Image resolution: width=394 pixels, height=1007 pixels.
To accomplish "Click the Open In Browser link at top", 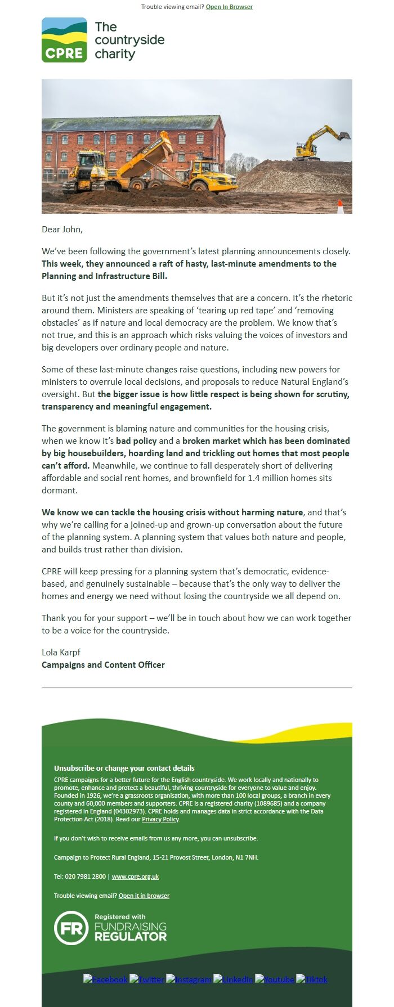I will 229,7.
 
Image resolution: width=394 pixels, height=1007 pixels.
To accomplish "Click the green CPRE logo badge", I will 64,40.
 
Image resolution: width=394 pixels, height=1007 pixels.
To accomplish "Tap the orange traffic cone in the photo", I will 340,206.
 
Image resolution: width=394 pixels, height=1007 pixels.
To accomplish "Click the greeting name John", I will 72,229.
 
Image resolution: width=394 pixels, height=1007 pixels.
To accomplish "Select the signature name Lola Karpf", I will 61,652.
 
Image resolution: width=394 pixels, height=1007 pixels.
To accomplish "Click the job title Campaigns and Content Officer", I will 103,664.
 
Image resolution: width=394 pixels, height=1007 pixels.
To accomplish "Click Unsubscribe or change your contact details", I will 124,768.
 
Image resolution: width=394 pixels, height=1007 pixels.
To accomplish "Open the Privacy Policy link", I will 160,819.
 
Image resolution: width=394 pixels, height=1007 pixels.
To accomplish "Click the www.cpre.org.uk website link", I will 135,876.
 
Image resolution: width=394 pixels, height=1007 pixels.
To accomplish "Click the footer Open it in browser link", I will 144,896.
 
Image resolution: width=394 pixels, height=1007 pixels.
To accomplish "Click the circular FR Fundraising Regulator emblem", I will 71,928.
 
